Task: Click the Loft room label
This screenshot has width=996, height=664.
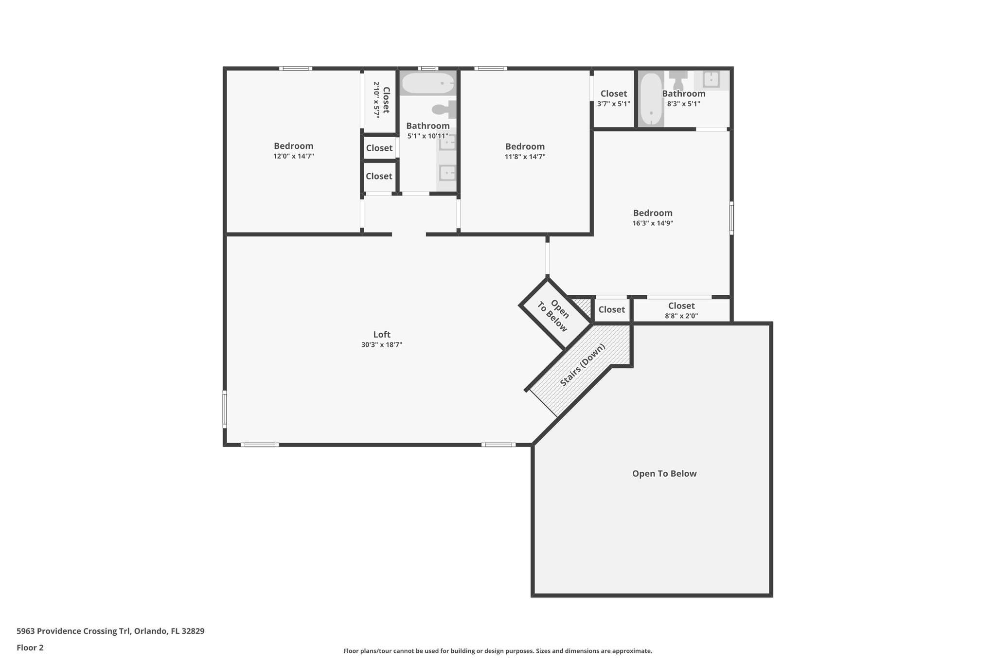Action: point(382,335)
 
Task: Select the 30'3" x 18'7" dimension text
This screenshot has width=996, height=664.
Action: point(382,345)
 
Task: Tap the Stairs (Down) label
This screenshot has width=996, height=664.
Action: point(583,365)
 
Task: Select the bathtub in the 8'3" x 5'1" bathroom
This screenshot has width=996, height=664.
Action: point(650,100)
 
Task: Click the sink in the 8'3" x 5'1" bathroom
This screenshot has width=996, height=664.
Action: point(711,79)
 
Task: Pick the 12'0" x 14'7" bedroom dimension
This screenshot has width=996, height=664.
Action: point(293,156)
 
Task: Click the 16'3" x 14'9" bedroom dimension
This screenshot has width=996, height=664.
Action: point(653,223)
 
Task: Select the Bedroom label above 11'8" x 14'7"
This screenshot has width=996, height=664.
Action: point(525,146)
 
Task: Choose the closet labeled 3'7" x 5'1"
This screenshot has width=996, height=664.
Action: point(614,98)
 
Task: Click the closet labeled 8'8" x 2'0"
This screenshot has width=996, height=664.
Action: point(681,310)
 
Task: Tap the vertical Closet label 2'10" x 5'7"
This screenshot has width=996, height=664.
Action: point(381,100)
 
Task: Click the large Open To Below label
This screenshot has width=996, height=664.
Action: point(664,474)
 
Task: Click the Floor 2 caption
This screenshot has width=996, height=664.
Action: point(30,647)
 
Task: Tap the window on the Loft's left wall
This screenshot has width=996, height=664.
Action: point(225,409)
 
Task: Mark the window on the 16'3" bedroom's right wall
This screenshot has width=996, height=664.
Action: point(731,219)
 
